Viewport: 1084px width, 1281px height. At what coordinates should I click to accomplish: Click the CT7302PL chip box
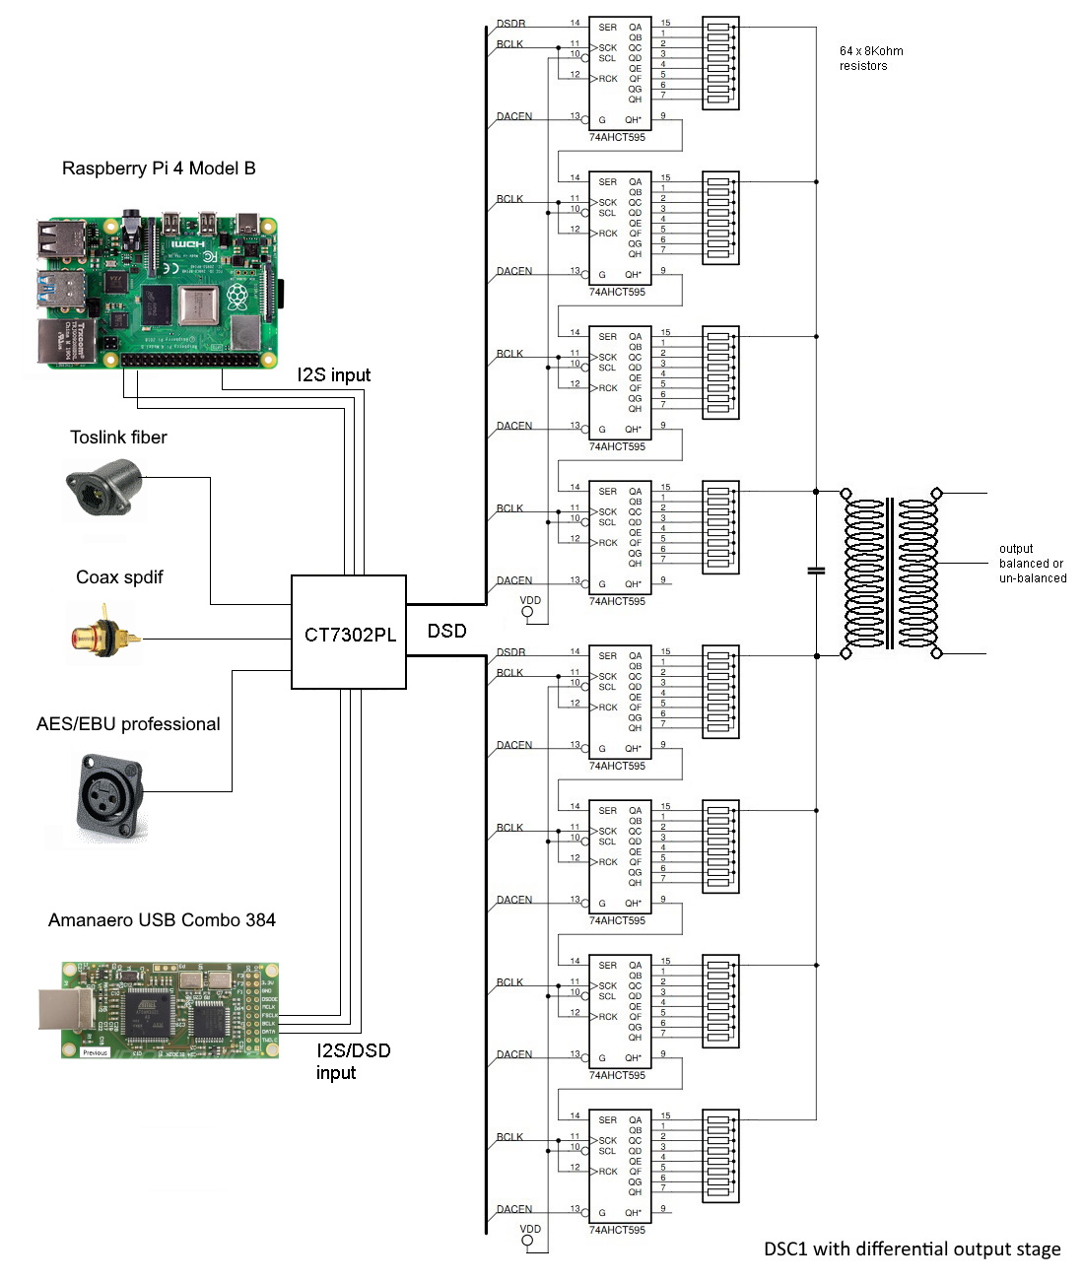349,633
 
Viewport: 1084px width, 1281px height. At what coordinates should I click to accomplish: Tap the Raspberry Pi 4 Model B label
159,169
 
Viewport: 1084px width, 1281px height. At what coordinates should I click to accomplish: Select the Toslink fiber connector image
104,492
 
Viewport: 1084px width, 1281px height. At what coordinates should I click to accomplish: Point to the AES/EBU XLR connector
109,795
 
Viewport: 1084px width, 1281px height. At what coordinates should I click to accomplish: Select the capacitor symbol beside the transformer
816,571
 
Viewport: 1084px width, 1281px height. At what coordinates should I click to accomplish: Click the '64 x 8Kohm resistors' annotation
870,58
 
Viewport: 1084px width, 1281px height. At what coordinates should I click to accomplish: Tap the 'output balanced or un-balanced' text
1032,564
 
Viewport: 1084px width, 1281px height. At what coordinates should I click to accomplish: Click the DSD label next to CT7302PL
446,631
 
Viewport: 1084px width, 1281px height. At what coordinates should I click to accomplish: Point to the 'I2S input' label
334,375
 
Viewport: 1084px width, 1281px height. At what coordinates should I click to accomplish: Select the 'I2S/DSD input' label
353,1061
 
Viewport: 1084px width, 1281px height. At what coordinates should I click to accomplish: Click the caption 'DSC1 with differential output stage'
912,1249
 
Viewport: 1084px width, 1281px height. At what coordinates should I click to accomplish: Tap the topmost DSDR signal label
510,24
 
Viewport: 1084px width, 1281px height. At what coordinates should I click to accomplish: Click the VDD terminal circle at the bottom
527,1241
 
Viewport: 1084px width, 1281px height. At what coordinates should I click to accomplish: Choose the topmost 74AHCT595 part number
617,138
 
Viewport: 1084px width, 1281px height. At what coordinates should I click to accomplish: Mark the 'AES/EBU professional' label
128,724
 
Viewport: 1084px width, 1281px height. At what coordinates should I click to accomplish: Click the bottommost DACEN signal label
513,1209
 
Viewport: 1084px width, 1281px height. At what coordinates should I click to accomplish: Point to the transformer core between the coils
891,573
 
